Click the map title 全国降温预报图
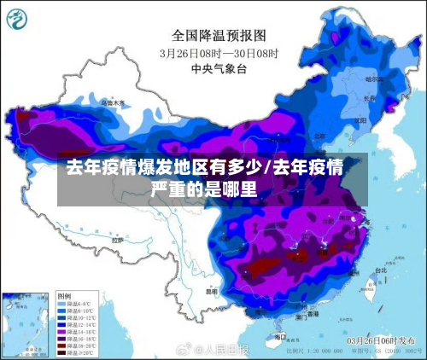pos(219,35)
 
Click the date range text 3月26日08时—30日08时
pos(219,52)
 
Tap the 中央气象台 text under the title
pos(219,67)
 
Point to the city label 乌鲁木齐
pos(113,102)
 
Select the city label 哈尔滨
pos(374,79)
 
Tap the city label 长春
pos(369,98)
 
